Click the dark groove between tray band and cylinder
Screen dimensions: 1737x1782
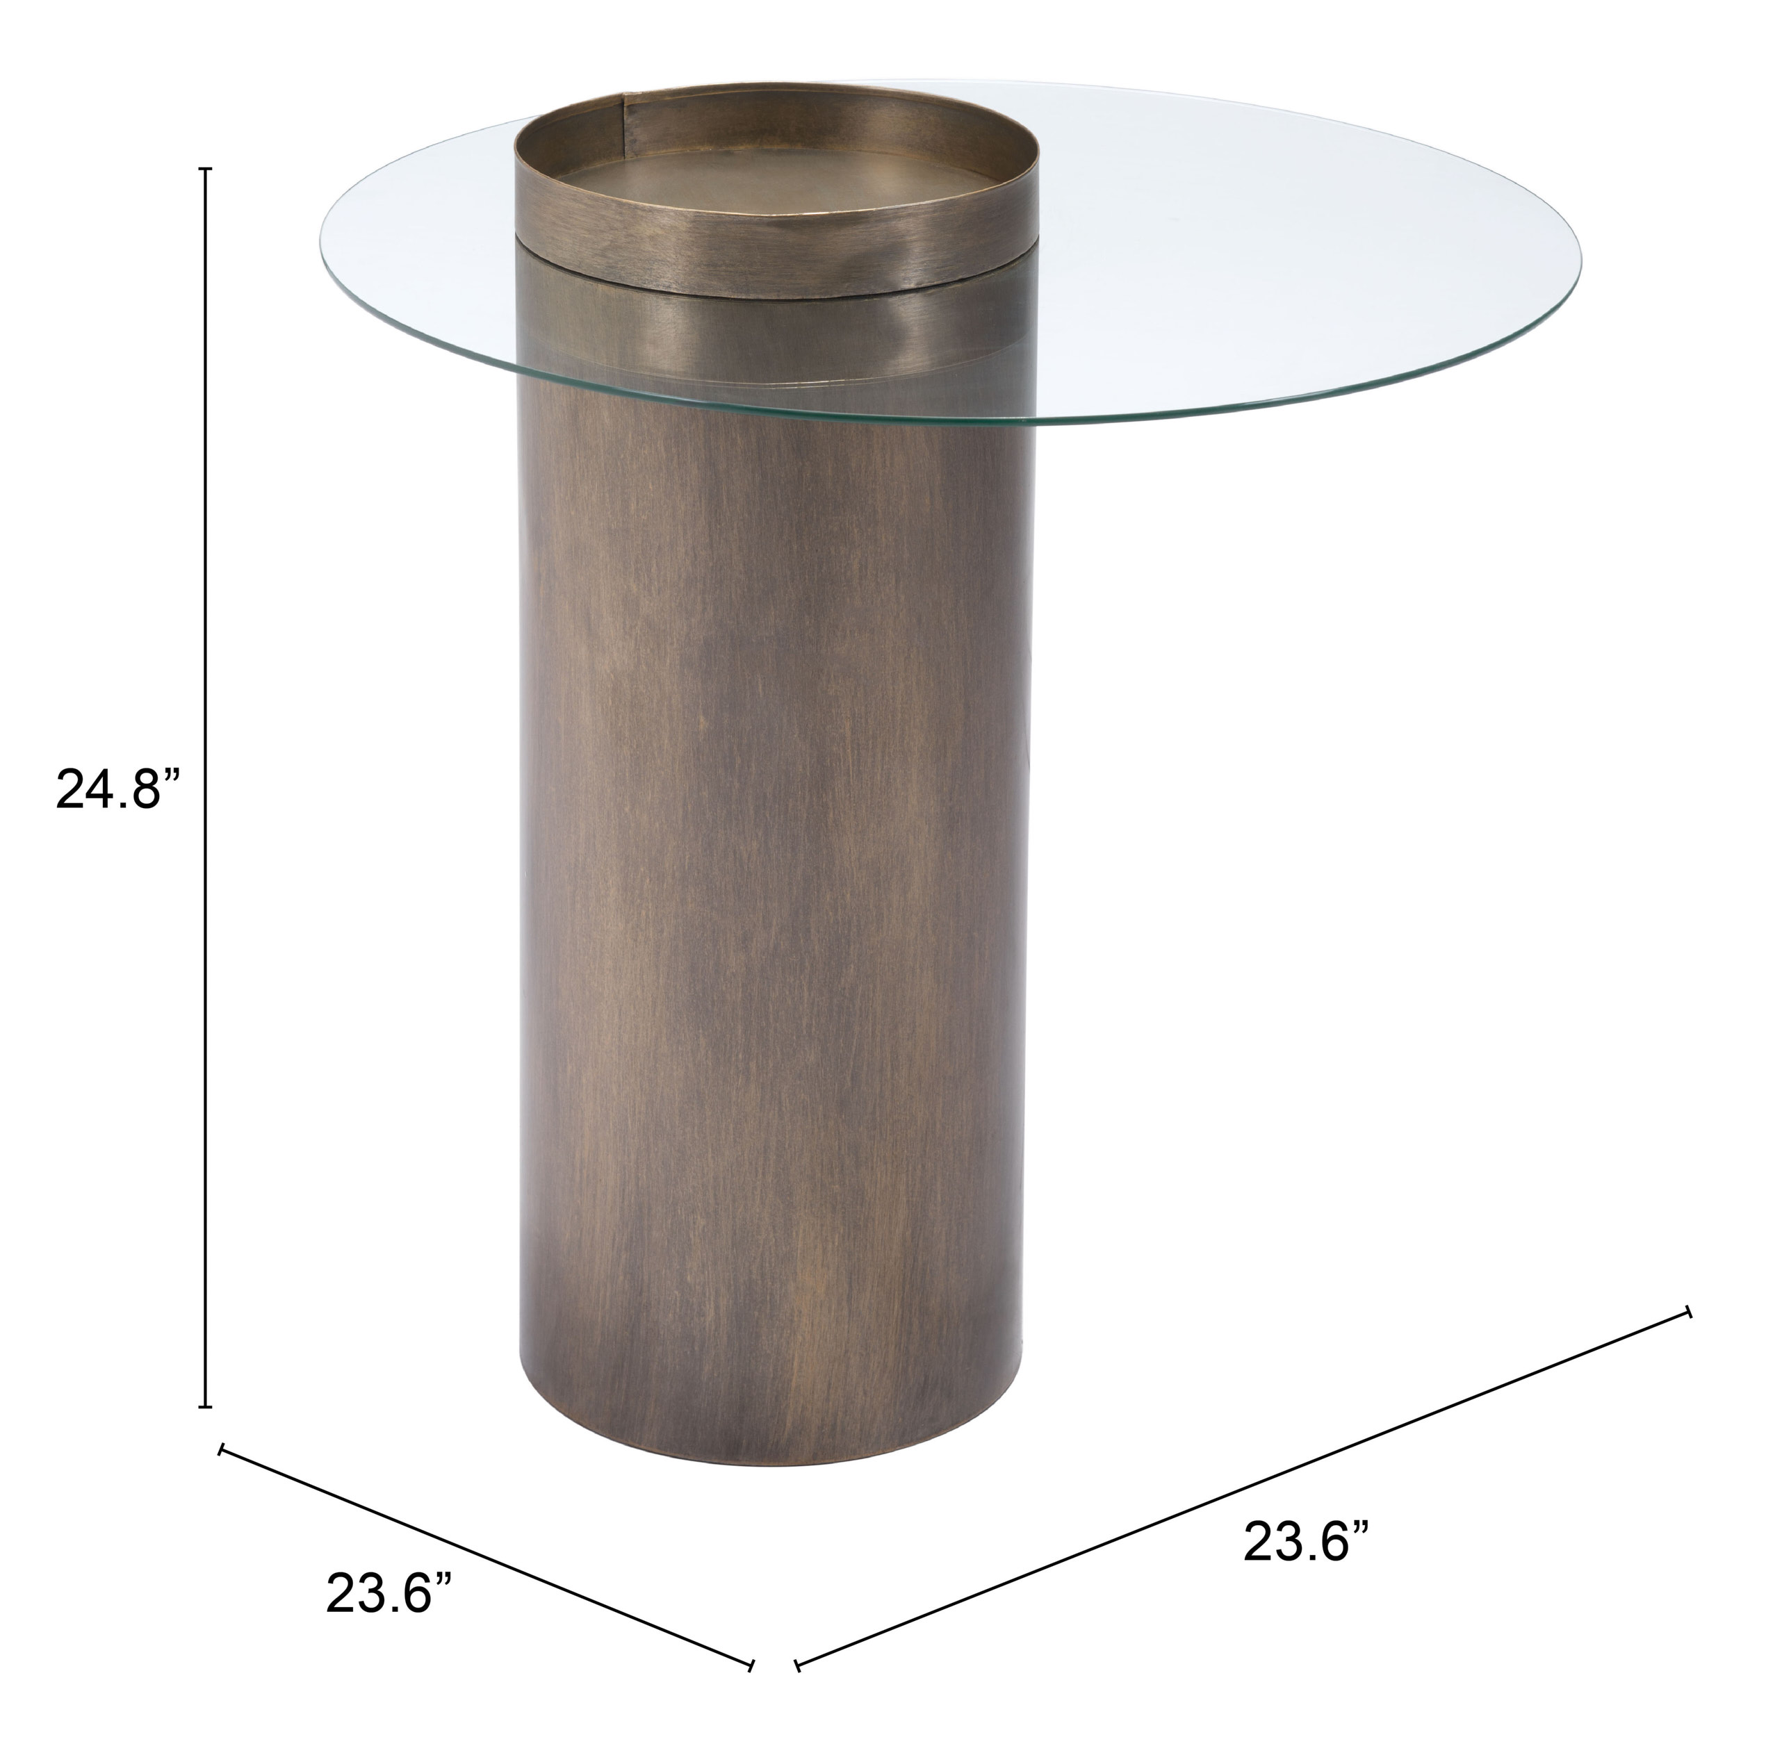point(776,294)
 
